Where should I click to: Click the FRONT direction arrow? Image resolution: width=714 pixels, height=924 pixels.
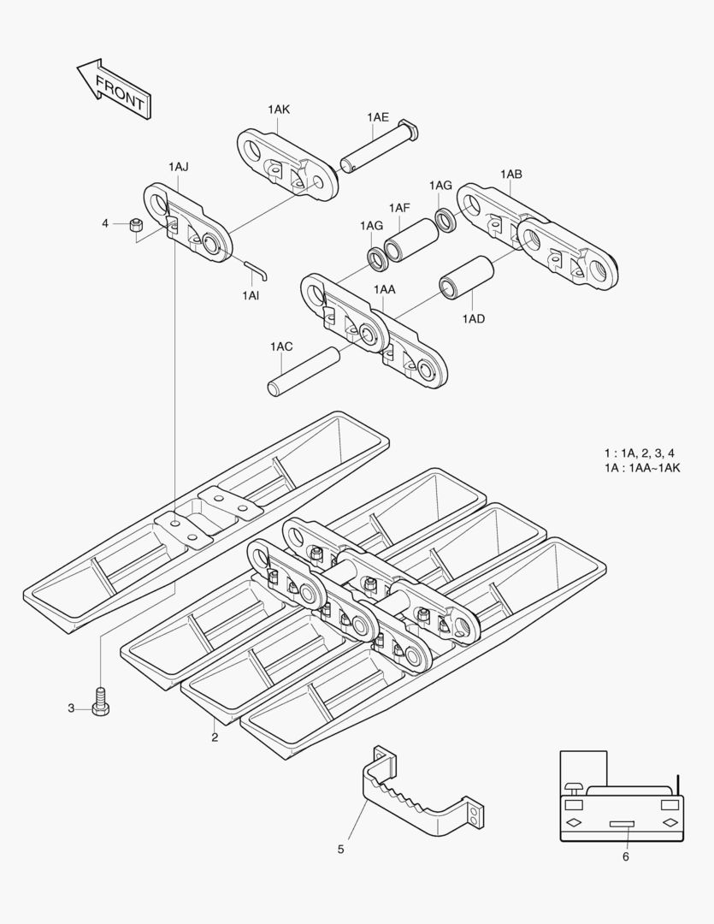(x=114, y=89)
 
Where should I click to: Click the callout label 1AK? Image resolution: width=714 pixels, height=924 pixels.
(x=279, y=110)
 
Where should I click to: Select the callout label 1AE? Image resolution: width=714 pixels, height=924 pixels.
(x=378, y=116)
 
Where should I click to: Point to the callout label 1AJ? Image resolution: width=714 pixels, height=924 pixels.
(x=179, y=166)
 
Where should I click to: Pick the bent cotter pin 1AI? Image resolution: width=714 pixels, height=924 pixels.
(x=257, y=270)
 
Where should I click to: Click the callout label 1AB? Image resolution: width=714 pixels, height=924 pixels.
(x=511, y=174)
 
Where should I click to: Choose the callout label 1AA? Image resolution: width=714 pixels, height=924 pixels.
(x=384, y=290)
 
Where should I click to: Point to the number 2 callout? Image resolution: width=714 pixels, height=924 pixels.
(x=215, y=737)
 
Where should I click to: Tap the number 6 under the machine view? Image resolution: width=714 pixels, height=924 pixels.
(x=625, y=856)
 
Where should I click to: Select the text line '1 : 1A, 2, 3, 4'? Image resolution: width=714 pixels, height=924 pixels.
(x=639, y=453)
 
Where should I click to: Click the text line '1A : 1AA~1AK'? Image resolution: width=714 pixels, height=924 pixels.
(x=641, y=468)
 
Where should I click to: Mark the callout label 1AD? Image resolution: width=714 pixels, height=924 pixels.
(x=474, y=318)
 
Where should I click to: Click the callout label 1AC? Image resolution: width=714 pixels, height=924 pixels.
(x=281, y=346)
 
